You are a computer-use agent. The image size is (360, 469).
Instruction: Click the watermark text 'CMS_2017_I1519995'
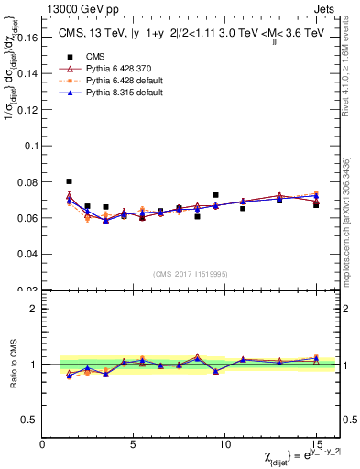[x=190, y=273]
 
